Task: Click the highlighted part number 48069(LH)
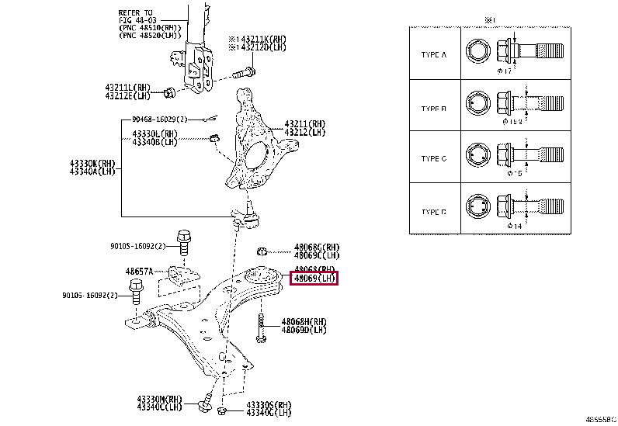[x=314, y=278]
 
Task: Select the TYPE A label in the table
[x=433, y=55]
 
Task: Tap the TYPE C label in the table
[x=433, y=159]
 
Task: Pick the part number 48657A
[x=141, y=272]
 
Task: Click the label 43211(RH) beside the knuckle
[x=306, y=123]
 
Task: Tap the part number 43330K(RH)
[x=92, y=164]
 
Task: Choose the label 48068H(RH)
[x=304, y=320]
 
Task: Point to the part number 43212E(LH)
[x=130, y=96]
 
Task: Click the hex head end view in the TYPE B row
[x=476, y=103]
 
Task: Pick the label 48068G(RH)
[x=316, y=248]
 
